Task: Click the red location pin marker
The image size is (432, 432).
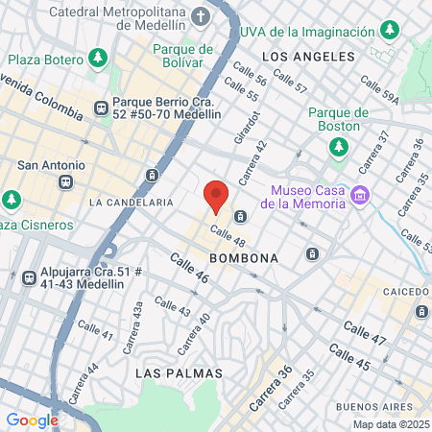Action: pos(216,197)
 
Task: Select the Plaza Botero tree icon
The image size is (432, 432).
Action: pos(97,60)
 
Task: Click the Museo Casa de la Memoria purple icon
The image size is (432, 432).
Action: pos(360,195)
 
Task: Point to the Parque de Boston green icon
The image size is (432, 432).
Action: pos(338,147)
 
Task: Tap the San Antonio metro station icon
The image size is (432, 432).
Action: pos(65,181)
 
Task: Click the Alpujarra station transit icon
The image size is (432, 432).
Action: pos(30,276)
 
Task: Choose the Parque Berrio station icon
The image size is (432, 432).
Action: pos(101,108)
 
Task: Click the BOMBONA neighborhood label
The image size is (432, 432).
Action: pos(247,258)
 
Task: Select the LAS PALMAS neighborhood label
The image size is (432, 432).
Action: pos(180,372)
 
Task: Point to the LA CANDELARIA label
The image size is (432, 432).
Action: pos(131,203)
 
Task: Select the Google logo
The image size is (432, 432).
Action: pos(32,420)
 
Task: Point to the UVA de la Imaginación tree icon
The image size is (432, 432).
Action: pos(389,31)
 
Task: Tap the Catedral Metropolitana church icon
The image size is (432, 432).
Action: pos(200,16)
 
